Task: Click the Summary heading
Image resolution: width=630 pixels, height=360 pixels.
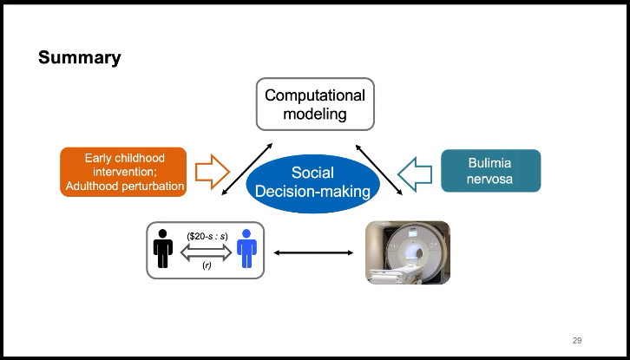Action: pos(79,58)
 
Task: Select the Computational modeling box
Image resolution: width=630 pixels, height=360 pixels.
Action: pos(315,103)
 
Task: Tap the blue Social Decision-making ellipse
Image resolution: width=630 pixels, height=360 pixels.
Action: pos(312,182)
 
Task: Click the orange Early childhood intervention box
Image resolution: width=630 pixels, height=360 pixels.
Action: pos(123,172)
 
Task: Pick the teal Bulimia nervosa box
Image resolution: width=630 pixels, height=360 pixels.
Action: pos(490,171)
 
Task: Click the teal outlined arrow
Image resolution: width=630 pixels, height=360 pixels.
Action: pos(416,170)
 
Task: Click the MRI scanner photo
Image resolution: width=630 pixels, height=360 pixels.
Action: pos(407,252)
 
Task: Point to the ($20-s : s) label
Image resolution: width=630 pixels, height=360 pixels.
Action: pos(206,235)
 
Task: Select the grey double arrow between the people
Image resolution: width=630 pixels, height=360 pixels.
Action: pos(206,251)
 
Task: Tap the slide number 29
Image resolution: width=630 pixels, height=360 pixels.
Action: pos(577,338)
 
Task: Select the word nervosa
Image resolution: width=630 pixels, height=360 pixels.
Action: pos(491,180)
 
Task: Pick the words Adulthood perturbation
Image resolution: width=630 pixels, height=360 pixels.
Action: pos(124,186)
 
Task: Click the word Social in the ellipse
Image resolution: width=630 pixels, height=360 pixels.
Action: pos(312,173)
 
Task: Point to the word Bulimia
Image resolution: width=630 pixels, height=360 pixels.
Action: pos(491,163)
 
